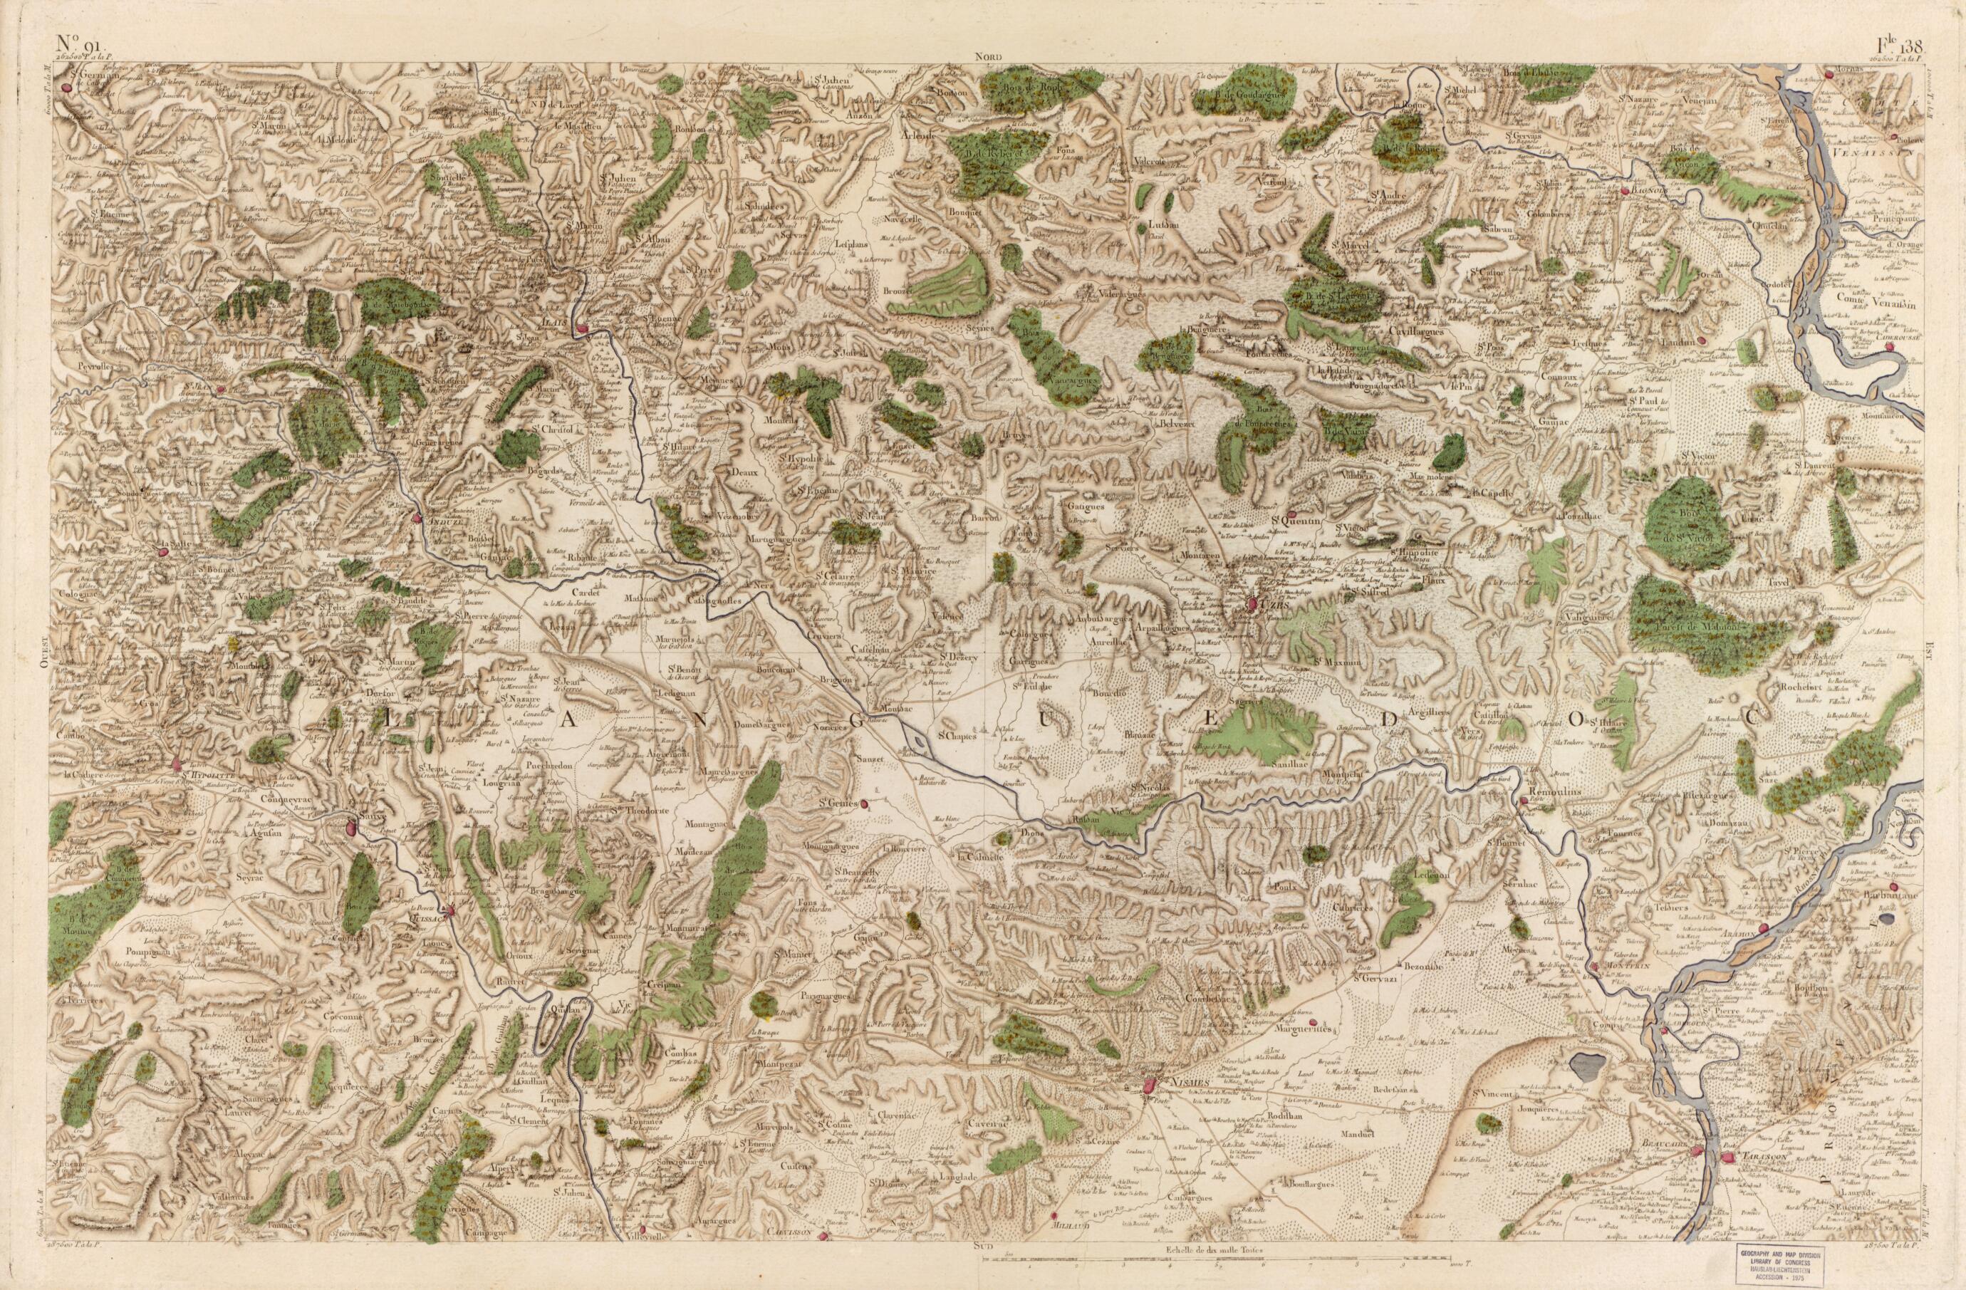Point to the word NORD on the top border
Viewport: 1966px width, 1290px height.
[987, 57]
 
